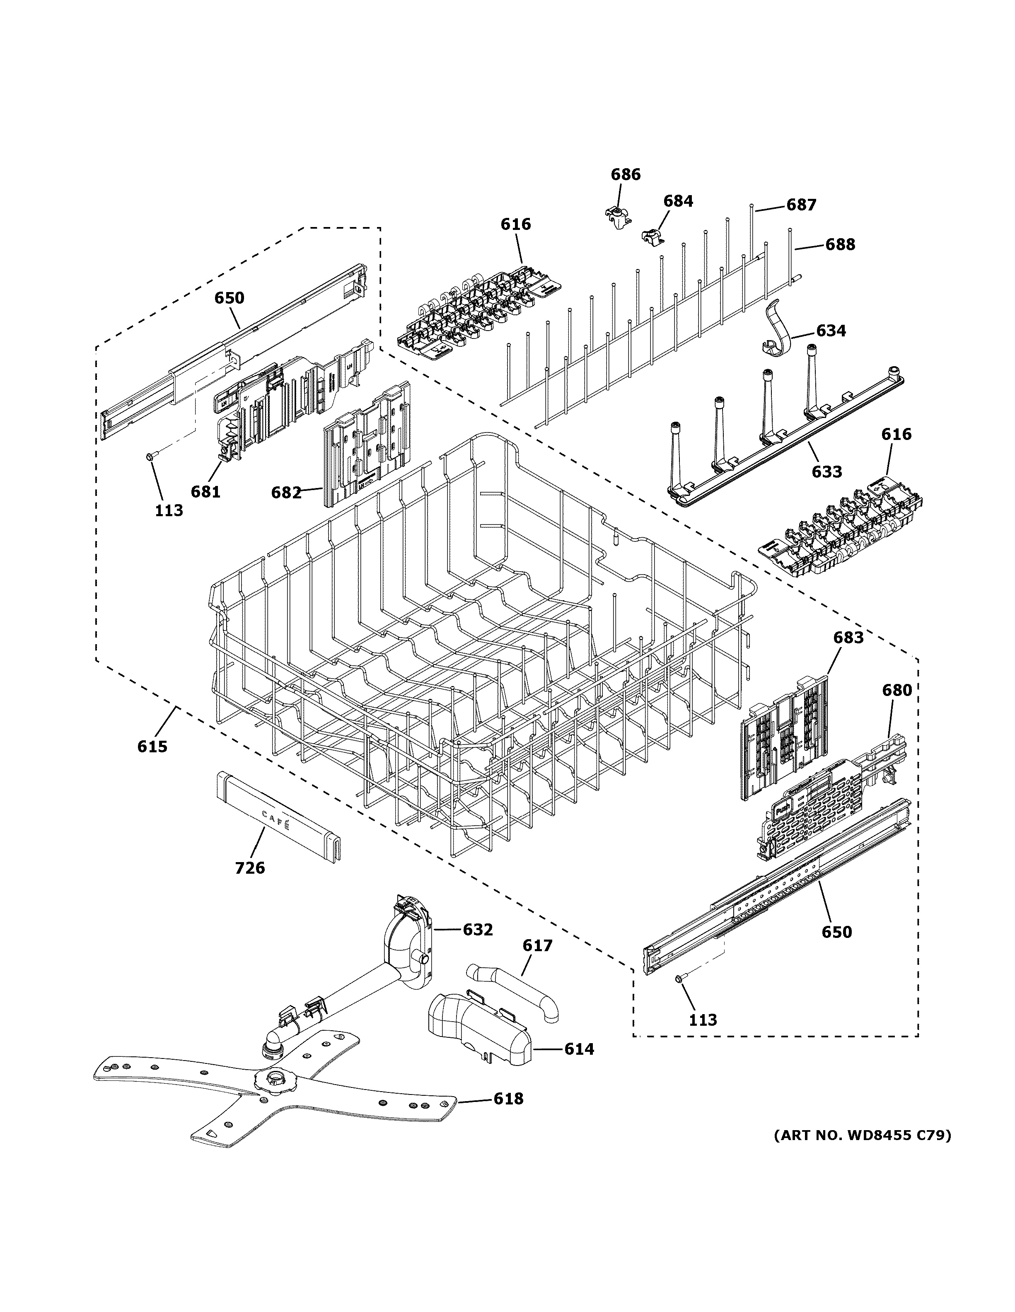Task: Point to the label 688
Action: click(x=840, y=244)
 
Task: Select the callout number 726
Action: click(x=250, y=867)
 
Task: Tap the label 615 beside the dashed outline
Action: click(x=152, y=747)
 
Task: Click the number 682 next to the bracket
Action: click(x=286, y=493)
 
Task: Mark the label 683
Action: click(x=848, y=638)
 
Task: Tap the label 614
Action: click(x=579, y=1049)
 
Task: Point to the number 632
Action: click(x=478, y=929)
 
